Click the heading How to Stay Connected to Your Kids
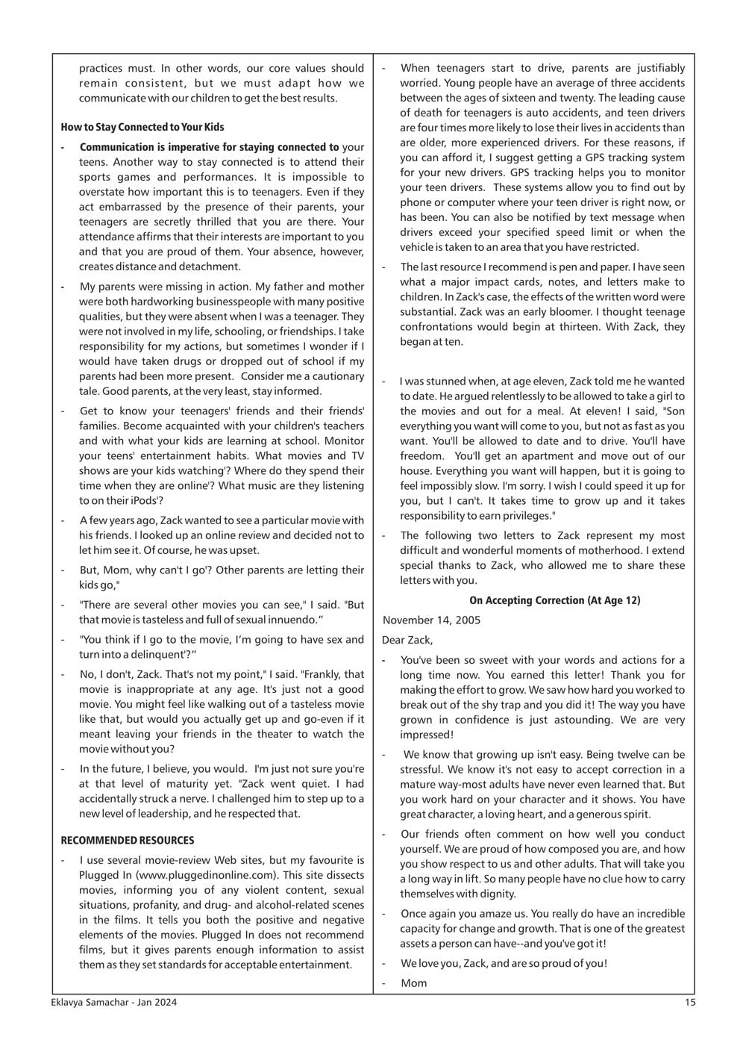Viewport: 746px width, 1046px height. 142,127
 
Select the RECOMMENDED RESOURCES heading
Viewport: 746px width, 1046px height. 128,840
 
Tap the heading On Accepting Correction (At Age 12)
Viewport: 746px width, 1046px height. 554,600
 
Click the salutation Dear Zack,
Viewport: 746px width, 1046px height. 407,640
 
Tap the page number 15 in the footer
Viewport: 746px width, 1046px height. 690,1003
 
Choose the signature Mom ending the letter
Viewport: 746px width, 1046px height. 414,983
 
